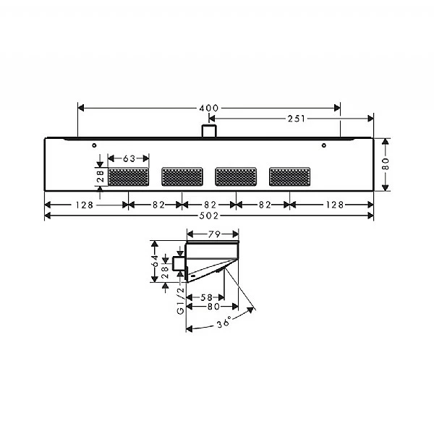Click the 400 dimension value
208,108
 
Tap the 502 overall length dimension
208,216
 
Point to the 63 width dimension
129,158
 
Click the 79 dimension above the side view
213,234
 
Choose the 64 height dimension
155,262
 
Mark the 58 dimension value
205,297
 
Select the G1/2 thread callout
180,299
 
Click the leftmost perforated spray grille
129,176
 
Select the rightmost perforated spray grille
291,176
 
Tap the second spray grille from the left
182,176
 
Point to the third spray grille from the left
237,176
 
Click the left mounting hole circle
94,146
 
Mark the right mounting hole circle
324,146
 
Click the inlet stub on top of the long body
209,131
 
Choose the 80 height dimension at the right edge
386,165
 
